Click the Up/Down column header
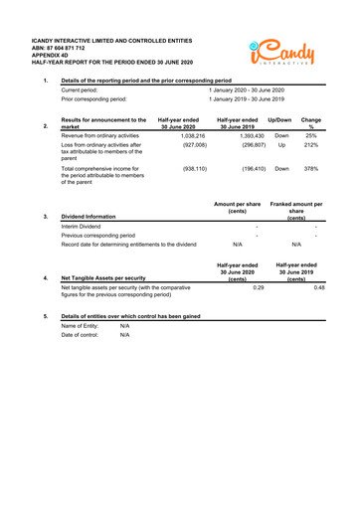(281, 119)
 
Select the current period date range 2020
(246, 89)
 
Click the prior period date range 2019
(246, 99)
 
